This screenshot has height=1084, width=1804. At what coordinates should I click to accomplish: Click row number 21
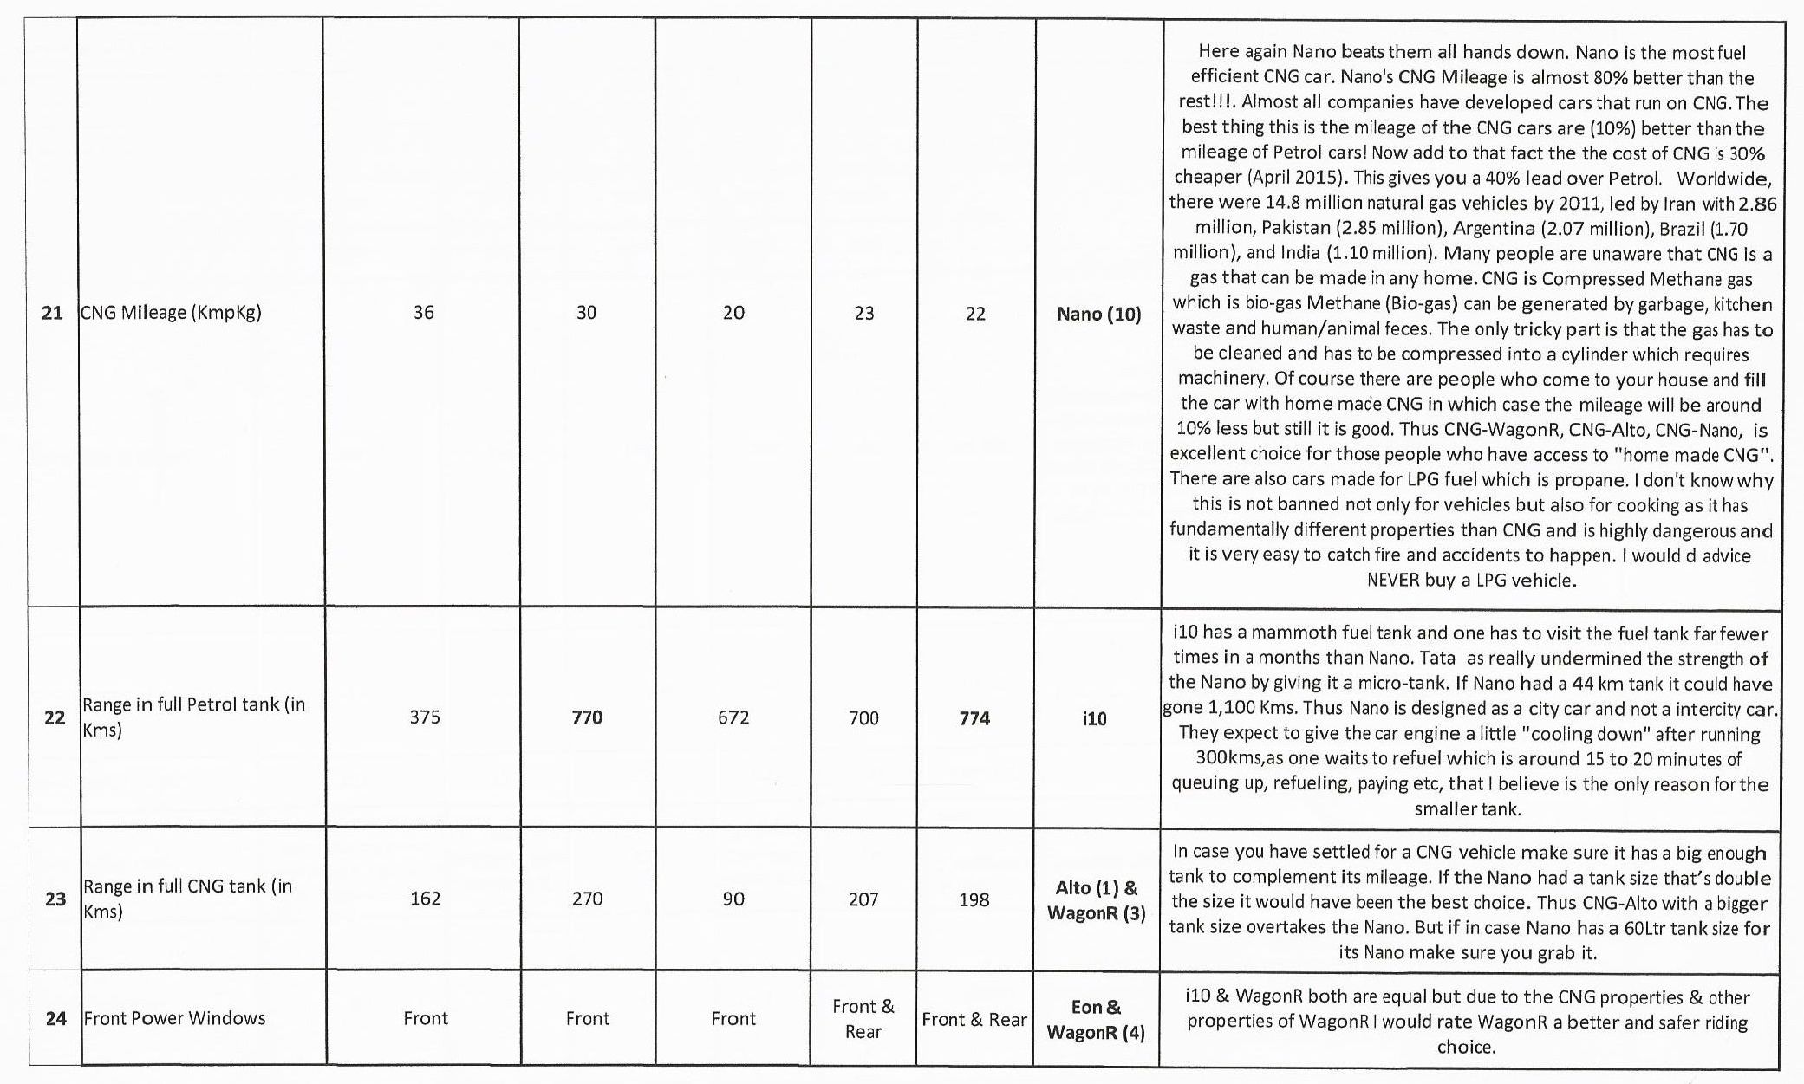coord(52,313)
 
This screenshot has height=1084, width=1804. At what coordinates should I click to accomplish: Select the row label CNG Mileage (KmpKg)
coord(170,313)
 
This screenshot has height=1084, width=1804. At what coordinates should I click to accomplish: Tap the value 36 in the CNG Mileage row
coord(423,313)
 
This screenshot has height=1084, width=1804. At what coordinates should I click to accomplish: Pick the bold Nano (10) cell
coord(1098,314)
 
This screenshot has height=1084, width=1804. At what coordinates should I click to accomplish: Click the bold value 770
coord(587,717)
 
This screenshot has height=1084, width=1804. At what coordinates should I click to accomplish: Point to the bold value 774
coord(974,718)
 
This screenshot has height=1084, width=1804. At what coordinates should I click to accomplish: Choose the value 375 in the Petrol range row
coord(425,717)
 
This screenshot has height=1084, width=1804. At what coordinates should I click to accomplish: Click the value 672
coord(733,717)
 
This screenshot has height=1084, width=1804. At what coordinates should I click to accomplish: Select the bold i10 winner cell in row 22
coord(1094,718)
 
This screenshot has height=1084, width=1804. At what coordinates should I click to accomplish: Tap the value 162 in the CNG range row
coord(425,899)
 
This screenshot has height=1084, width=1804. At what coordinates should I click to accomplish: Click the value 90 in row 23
coord(733,899)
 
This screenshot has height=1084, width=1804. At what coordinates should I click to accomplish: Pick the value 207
coord(863,899)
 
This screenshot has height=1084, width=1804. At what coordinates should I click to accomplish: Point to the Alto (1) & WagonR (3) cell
coord(1097,900)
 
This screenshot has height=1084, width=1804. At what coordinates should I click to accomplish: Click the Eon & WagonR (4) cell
coord(1097,1019)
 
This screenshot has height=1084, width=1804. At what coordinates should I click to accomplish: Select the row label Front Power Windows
coord(174,1018)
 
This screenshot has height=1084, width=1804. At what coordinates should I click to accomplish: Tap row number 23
coord(55,899)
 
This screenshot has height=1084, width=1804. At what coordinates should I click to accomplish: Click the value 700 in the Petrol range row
coord(863,718)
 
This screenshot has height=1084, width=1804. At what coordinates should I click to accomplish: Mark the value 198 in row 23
coord(974,899)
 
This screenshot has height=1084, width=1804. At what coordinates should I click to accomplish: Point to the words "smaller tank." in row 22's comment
coord(1467,809)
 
